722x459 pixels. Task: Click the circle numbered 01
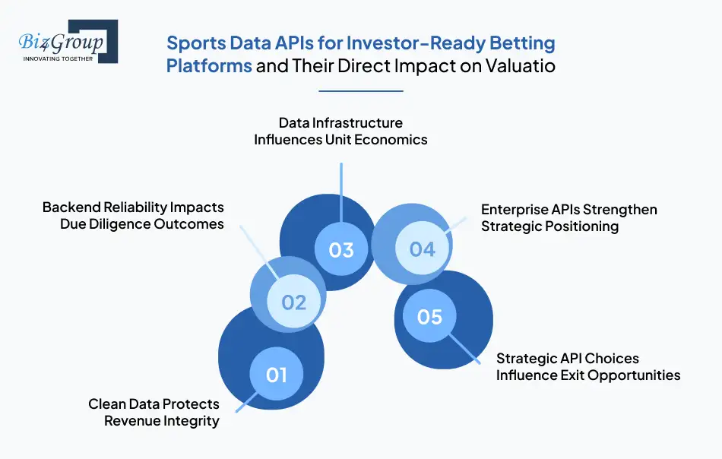(x=277, y=374)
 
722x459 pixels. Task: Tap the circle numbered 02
(x=293, y=302)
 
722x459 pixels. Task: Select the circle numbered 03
(x=341, y=249)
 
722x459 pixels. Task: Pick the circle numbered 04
(x=422, y=249)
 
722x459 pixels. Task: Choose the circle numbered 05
(x=429, y=315)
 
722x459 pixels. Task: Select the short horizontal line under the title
(x=360, y=91)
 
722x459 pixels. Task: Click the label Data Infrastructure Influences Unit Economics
(x=340, y=131)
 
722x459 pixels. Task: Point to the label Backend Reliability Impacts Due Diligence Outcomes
(x=133, y=216)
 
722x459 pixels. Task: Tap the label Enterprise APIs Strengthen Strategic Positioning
(x=568, y=217)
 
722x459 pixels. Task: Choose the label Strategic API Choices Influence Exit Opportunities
(x=587, y=366)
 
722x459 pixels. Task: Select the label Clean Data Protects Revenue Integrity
(x=154, y=412)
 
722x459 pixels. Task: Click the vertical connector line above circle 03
(x=341, y=190)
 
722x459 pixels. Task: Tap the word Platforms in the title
(x=209, y=66)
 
